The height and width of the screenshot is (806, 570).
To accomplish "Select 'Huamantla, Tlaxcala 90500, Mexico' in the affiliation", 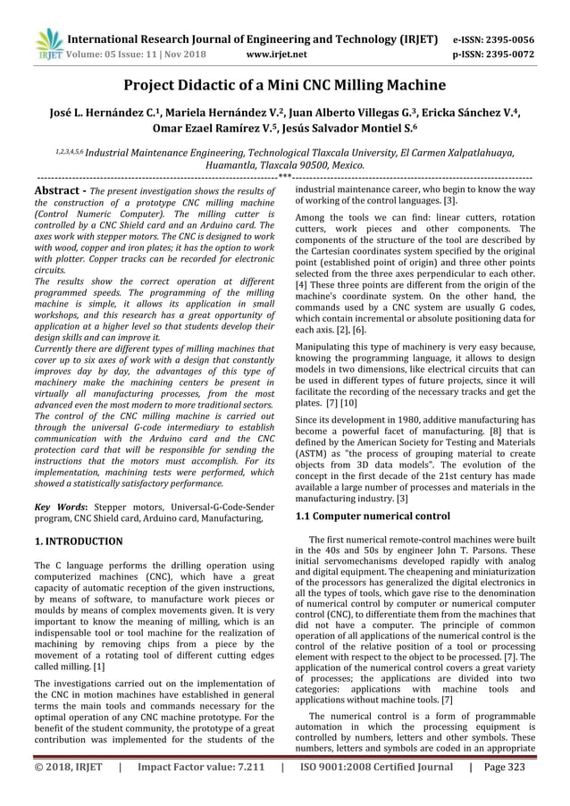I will tap(284, 166).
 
